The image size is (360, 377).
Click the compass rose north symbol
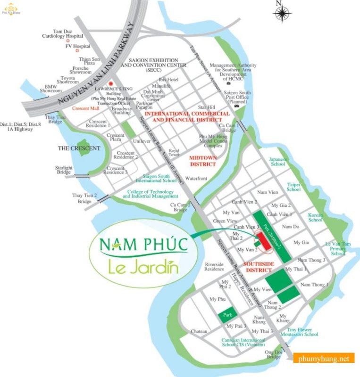pyautogui.click(x=282, y=14)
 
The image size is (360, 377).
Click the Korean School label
pyautogui.click(x=315, y=217)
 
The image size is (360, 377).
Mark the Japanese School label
pyautogui.click(x=278, y=162)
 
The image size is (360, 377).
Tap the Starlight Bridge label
pyautogui.click(x=64, y=170)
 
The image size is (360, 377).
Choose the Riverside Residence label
pyautogui.click(x=214, y=267)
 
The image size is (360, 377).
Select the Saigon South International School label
pyautogui.click(x=156, y=178)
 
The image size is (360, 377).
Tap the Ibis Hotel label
pyautogui.click(x=169, y=80)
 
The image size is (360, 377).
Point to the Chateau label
pyautogui.click(x=199, y=332)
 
